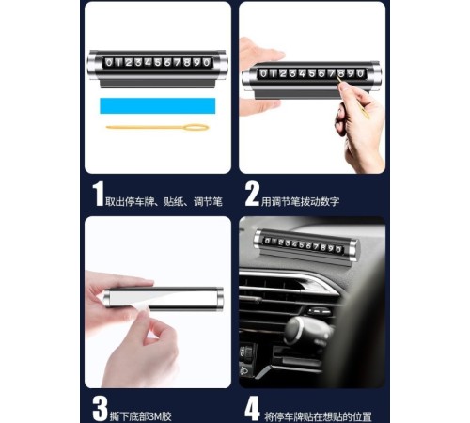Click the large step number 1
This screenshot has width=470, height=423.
[x=99, y=194]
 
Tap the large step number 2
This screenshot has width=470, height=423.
[x=252, y=194]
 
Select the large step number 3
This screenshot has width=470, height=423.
[x=100, y=409]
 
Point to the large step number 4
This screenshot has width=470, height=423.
[x=252, y=408]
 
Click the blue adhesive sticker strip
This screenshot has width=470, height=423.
[x=158, y=105]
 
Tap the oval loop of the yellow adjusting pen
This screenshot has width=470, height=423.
[x=196, y=128]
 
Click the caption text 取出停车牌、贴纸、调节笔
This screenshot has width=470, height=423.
[x=164, y=201]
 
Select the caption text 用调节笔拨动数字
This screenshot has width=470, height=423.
[x=301, y=201]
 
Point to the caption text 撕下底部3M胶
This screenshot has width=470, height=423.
[x=141, y=416]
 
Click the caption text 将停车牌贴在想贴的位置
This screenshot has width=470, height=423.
[x=318, y=416]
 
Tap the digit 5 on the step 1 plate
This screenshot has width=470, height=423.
[x=158, y=62]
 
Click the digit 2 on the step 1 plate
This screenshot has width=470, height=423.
[x=129, y=62]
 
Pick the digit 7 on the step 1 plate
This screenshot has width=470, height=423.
[x=178, y=62]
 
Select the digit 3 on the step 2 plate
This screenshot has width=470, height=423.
[x=292, y=73]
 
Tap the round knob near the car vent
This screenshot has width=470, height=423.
[x=305, y=332]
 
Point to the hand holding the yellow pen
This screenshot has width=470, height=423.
[x=360, y=125]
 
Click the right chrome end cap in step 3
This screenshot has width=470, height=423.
[x=219, y=299]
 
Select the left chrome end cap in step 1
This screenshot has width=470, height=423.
[x=94, y=64]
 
